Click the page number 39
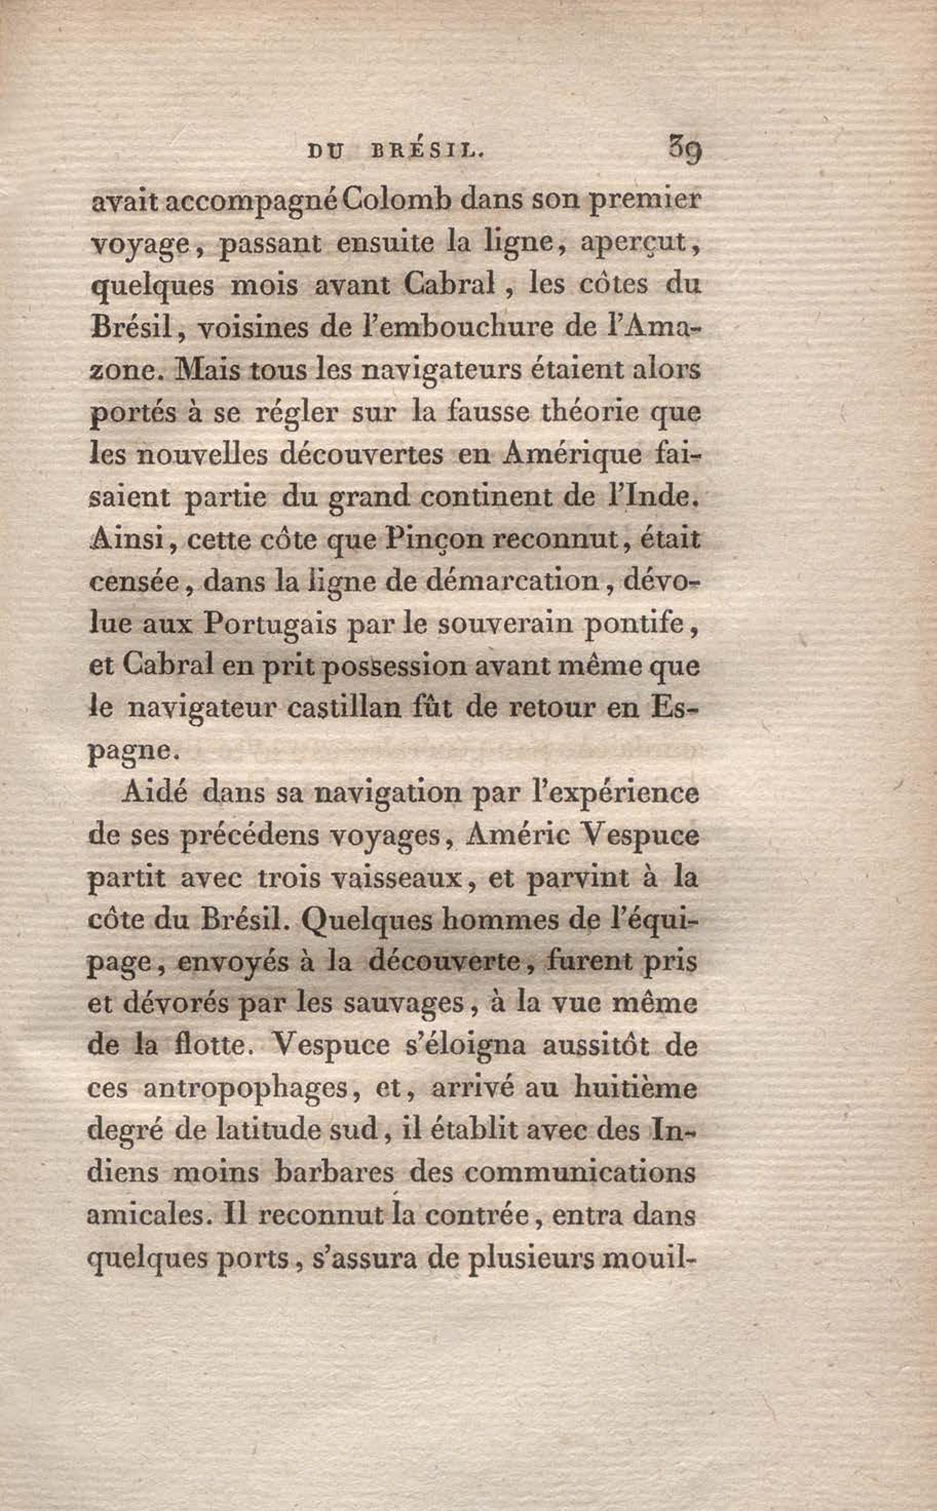pyautogui.click(x=684, y=150)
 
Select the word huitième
pyautogui.click(x=635, y=1088)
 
